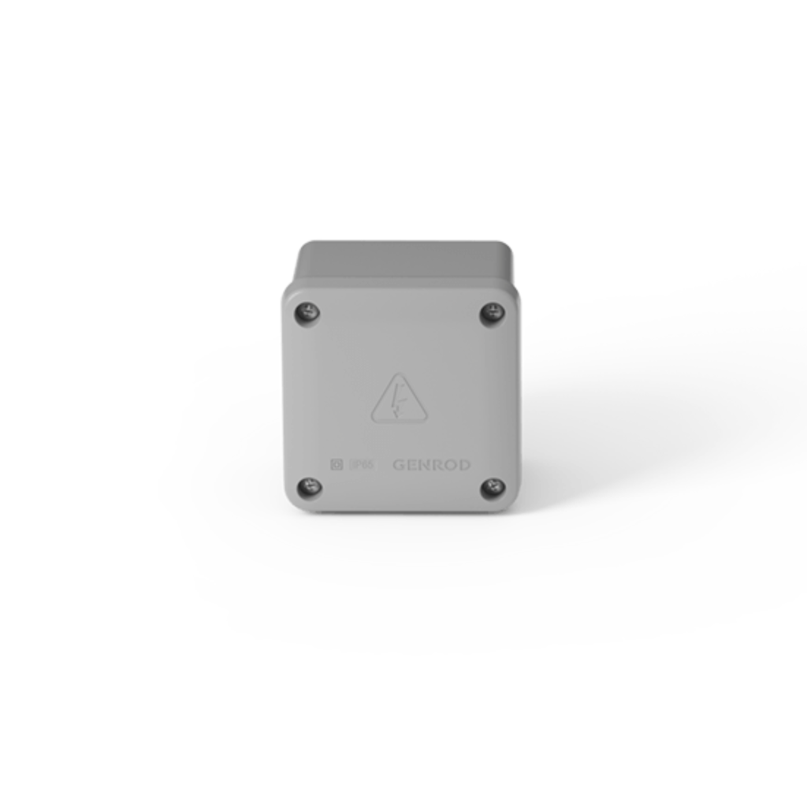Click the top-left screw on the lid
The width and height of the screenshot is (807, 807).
pos(307,314)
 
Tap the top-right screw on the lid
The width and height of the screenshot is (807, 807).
pos(493,314)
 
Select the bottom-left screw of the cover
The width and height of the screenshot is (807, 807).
pos(308,487)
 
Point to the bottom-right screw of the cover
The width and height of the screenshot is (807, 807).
pos(493,488)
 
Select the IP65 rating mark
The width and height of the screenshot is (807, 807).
pos(361,465)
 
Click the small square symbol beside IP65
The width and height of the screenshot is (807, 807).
pos(336,465)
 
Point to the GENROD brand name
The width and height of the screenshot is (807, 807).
pos(431,465)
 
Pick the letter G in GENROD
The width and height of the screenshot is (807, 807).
pos(399,465)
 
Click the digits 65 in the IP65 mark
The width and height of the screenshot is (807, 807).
pos(365,465)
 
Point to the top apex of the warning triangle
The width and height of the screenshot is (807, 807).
pos(400,376)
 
